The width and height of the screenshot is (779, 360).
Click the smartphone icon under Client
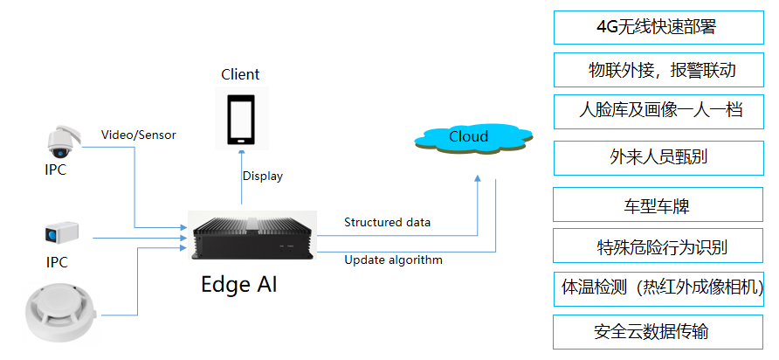point(241,119)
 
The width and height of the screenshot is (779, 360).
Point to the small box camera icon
point(62,233)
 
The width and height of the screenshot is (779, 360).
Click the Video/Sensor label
point(139,135)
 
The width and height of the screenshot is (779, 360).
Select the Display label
point(263,176)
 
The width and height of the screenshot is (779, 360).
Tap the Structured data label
point(387,222)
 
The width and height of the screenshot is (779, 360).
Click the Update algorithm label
point(393,260)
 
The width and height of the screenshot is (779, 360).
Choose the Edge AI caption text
point(238,284)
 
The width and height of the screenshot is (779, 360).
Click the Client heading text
point(240,74)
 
